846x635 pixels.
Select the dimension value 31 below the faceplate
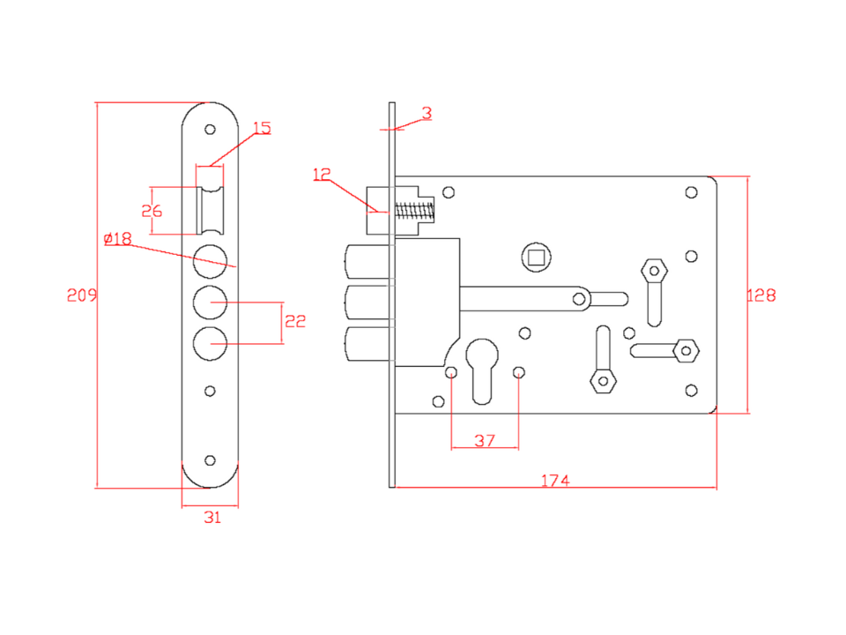pos(212,518)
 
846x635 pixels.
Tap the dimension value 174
pos(555,481)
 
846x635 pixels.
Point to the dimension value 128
pos(761,295)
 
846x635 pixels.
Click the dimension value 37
pos(485,440)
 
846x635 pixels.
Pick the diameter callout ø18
pos(117,239)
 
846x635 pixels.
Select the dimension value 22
pos(295,322)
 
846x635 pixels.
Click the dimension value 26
pos(152,211)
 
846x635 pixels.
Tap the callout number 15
pos(262,129)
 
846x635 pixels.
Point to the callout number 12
pos(321,174)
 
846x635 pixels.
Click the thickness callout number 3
pos(427,113)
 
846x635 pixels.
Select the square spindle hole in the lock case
pos(536,257)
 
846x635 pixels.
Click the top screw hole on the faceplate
pos(210,130)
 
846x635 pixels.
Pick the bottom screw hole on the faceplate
pos(210,460)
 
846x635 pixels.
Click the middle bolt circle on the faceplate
pos(211,302)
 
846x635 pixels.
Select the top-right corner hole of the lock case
pos(692,191)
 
